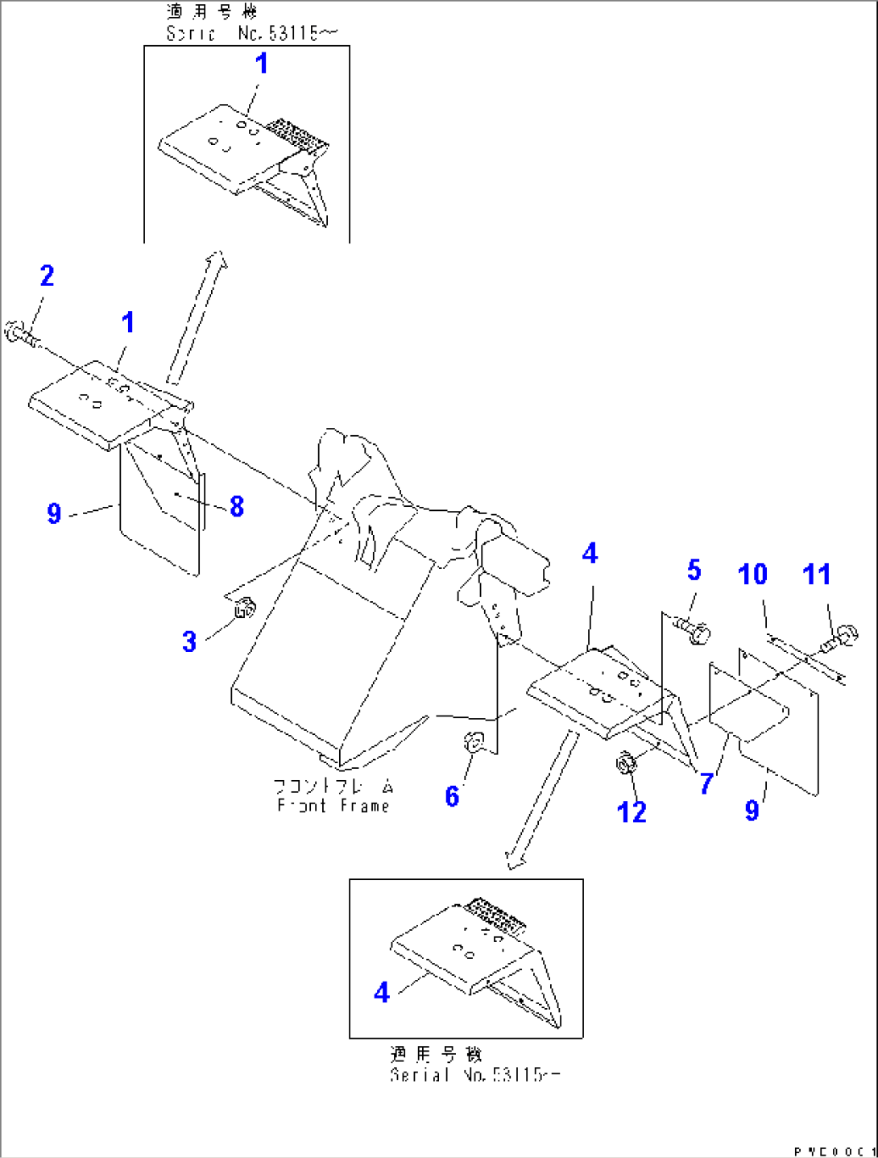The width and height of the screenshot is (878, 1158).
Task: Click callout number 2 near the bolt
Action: point(48,276)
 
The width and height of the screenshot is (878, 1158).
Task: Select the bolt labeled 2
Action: point(19,334)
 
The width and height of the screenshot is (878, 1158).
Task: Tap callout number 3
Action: point(189,642)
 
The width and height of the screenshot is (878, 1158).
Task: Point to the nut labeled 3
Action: point(244,610)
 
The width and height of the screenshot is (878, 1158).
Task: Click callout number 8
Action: point(236,506)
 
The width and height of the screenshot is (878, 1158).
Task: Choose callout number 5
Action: point(694,571)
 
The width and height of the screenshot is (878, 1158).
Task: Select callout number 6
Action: point(452,796)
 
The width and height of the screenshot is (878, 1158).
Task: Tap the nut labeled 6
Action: point(473,741)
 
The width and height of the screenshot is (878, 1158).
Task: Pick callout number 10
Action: point(752,575)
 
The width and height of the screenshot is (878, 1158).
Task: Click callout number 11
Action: point(816,575)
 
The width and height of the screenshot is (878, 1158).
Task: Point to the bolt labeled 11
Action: point(840,638)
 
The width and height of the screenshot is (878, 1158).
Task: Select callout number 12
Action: point(632,811)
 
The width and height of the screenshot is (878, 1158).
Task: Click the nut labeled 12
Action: point(626,762)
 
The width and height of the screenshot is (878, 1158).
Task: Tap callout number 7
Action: point(706,782)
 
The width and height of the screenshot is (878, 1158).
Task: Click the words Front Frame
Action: point(333,806)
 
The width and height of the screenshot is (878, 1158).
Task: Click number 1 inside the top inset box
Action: point(261,64)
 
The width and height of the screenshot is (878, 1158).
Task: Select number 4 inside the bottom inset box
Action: point(382,992)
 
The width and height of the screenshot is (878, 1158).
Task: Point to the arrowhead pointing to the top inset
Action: point(217,260)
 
